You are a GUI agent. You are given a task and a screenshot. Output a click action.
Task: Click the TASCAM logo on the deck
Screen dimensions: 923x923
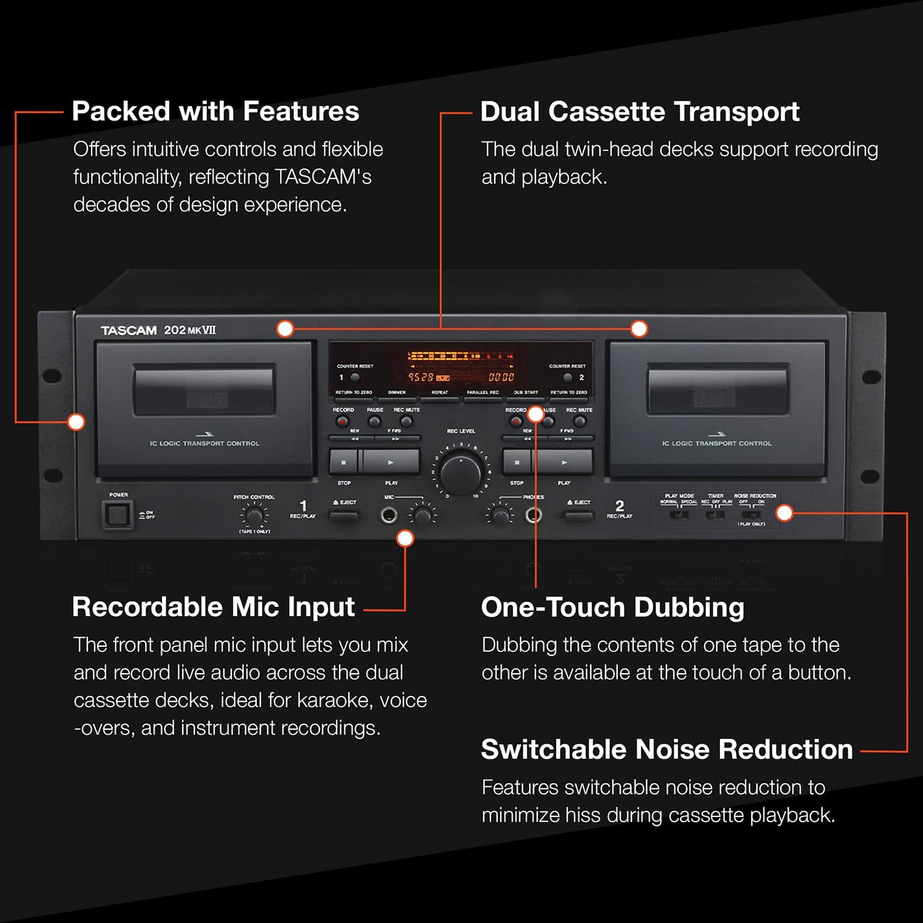[x=129, y=330]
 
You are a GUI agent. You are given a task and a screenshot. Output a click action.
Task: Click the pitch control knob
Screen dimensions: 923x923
[x=254, y=515]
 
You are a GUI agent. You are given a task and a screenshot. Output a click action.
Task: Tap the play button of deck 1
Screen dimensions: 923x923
[x=390, y=461]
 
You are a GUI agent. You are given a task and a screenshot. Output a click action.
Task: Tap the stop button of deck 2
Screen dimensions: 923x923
[x=517, y=461]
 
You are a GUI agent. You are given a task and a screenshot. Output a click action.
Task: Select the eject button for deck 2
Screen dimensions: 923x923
[x=578, y=514]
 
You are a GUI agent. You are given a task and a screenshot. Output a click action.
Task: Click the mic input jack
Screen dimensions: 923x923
[x=388, y=515]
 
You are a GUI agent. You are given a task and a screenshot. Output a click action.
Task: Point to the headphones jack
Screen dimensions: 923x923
[x=533, y=515]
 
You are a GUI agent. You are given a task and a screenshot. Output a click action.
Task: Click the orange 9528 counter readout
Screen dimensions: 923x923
[x=421, y=377]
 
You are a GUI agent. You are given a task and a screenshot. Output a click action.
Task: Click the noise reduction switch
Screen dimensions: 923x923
[x=751, y=514]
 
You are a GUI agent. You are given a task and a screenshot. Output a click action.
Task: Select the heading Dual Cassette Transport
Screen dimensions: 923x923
[x=639, y=112]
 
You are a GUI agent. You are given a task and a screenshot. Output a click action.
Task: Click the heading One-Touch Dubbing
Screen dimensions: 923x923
[x=612, y=607]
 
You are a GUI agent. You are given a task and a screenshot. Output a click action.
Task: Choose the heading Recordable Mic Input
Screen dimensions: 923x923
[x=213, y=607]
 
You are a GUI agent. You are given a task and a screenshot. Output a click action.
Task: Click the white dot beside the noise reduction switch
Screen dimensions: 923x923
[x=785, y=513]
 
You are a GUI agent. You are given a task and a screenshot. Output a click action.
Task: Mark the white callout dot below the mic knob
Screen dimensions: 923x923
[x=405, y=538]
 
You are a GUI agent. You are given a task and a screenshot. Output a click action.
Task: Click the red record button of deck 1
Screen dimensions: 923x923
[x=342, y=422]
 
